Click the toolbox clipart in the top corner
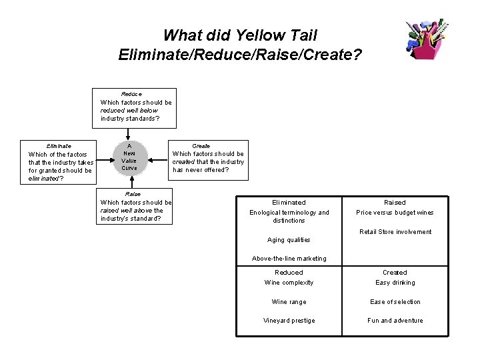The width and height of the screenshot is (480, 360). (427, 39)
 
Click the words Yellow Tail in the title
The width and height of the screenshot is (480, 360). (281, 35)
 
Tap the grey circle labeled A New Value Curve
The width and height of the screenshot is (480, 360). (129, 157)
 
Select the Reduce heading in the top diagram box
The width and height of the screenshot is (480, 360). (131, 94)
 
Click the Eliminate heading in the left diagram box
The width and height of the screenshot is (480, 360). (59, 145)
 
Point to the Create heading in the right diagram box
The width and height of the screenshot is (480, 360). (201, 145)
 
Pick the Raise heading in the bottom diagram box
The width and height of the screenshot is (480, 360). (133, 194)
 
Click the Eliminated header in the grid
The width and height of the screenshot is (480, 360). (289, 202)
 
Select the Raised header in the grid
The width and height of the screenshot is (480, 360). (395, 202)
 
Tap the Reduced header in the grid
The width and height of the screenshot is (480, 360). (289, 272)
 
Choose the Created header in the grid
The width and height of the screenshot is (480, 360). (395, 272)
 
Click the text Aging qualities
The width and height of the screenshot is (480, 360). (289, 240)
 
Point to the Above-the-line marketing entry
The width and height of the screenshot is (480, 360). (289, 259)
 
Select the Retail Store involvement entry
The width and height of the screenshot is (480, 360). (395, 232)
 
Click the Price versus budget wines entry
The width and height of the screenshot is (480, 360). (395, 213)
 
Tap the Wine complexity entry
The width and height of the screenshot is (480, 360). (289, 283)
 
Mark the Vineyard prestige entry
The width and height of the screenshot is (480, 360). (289, 321)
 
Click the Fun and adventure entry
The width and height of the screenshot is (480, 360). (395, 321)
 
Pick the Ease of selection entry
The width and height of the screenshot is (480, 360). (395, 302)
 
